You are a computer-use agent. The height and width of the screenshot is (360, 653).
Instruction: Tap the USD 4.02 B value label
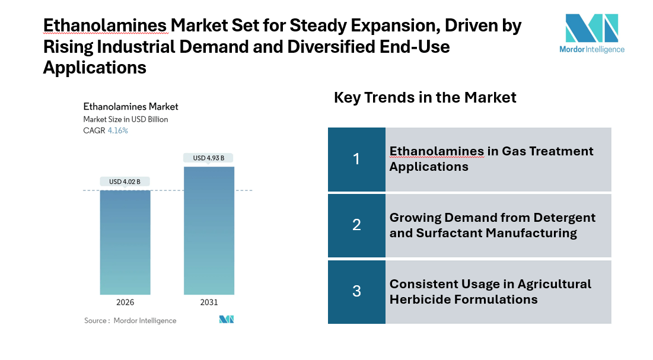point(125,181)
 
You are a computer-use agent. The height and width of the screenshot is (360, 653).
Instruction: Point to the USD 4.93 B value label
point(209,158)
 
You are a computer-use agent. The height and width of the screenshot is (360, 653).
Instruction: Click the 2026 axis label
point(125,302)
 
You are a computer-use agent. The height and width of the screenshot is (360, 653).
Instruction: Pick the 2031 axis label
point(209,302)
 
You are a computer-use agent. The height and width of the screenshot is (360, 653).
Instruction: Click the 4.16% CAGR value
point(117,130)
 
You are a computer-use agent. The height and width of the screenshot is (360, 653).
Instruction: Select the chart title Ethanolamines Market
point(130,107)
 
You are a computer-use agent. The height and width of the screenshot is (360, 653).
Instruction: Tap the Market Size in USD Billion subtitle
point(125,119)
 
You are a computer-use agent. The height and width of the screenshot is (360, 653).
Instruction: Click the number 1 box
point(356,159)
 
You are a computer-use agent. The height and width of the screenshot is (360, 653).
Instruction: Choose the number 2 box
point(356,225)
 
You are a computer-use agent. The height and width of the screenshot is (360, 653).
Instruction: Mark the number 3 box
point(356,291)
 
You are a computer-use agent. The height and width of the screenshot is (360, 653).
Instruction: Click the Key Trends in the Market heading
point(425,97)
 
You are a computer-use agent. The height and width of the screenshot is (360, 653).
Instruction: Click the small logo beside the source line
point(227,320)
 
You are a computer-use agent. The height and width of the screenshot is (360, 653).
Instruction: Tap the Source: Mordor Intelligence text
point(130,320)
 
